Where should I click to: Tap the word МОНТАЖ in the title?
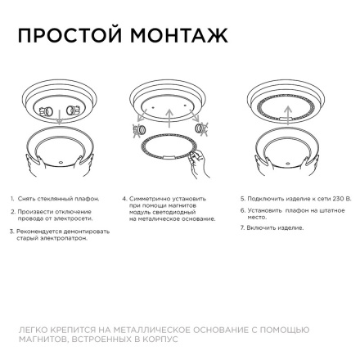[185, 36]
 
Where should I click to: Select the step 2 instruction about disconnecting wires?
[53, 214]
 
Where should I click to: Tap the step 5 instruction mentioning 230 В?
[295, 198]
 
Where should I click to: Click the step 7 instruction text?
[273, 227]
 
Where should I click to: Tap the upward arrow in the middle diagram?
[170, 115]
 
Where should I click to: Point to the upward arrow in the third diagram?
[283, 123]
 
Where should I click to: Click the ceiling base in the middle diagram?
[170, 100]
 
